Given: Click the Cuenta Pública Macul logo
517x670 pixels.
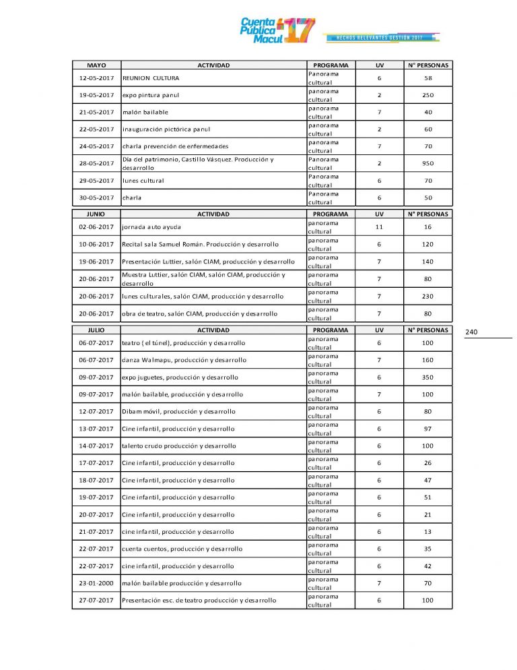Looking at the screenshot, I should click(x=277, y=30).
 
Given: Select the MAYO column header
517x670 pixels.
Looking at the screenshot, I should click(x=96, y=65).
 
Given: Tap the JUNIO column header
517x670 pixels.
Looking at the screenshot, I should click(x=96, y=214).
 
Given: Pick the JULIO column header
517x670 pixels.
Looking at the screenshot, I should click(x=96, y=330).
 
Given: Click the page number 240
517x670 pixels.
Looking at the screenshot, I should click(x=471, y=332).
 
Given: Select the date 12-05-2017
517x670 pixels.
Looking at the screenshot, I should click(x=96, y=78).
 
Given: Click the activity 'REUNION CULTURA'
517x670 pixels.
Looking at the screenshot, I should click(x=151, y=78).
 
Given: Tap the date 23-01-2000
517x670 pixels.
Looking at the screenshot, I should click(x=96, y=583).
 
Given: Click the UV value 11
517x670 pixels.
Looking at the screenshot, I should click(x=379, y=227).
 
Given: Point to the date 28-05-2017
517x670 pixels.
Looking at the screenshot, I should click(x=96, y=163).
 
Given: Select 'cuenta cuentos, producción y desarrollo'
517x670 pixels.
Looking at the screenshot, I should click(x=182, y=549).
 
